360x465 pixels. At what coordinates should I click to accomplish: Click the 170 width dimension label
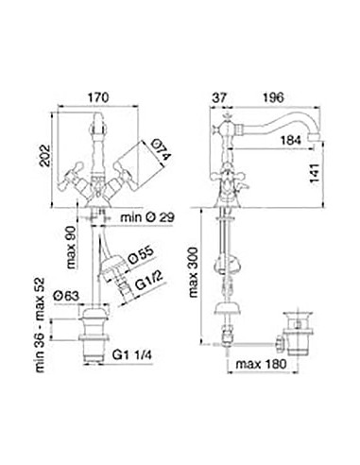point(97,97)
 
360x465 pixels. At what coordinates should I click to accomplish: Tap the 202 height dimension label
point(44,156)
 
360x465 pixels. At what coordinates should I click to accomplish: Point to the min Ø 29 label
point(147,217)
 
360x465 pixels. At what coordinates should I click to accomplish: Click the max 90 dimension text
point(72,248)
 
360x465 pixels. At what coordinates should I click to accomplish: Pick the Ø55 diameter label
point(142,255)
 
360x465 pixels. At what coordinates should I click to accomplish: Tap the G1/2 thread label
point(149,282)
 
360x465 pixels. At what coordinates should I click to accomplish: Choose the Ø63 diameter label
point(66,296)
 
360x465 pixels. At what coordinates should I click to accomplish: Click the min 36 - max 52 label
point(41,325)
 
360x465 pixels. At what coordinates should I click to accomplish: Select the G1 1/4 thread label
point(132,355)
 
